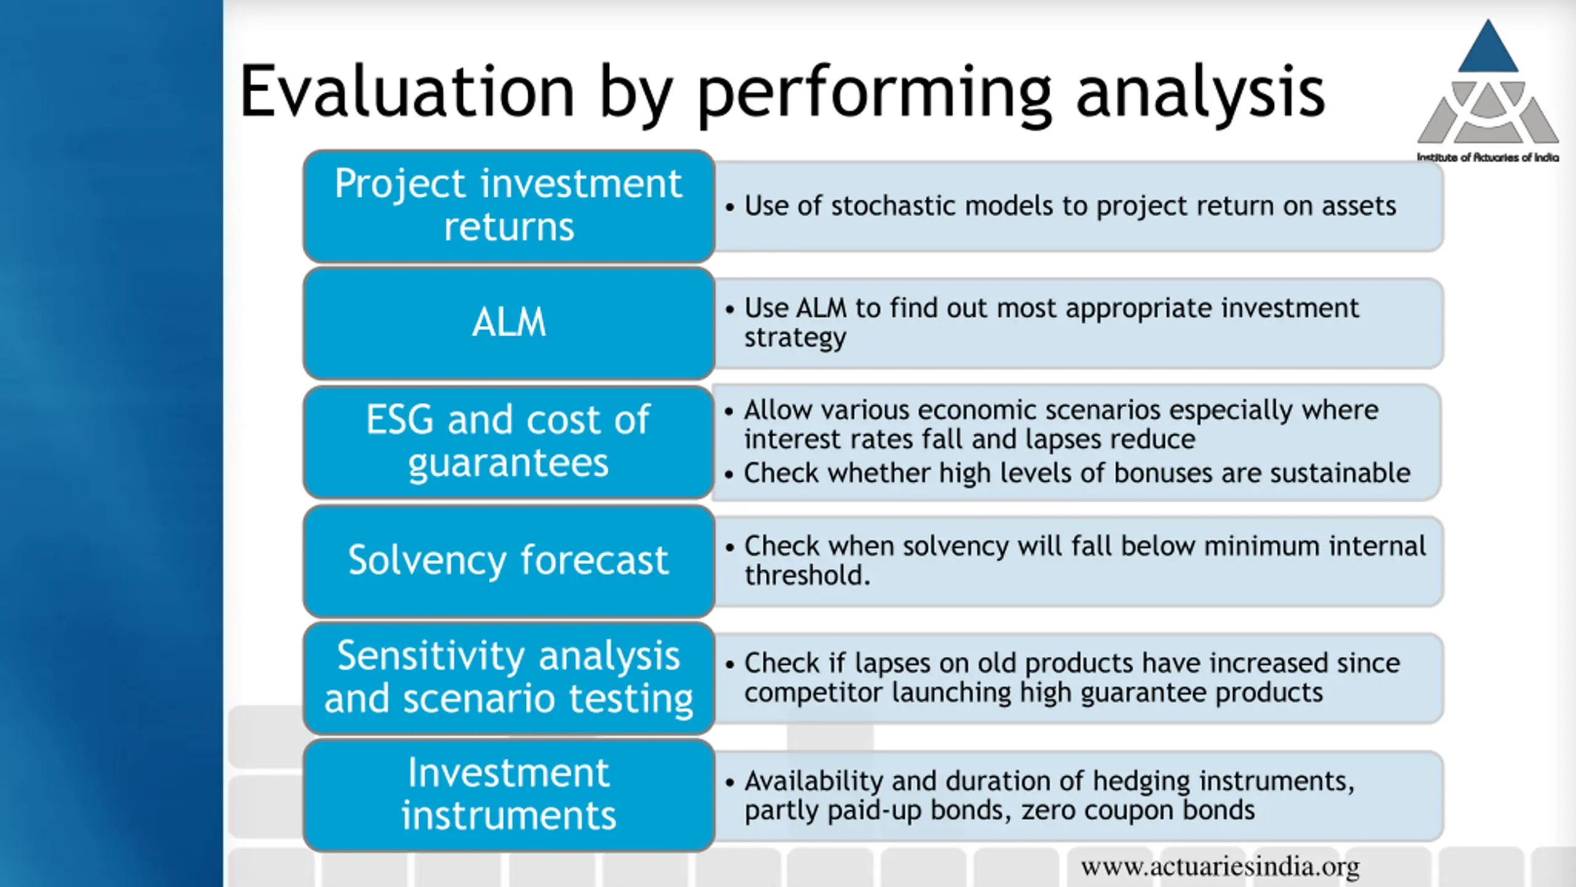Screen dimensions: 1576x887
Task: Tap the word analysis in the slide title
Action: pyautogui.click(x=1200, y=94)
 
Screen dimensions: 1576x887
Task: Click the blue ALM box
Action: pyautogui.click(x=509, y=323)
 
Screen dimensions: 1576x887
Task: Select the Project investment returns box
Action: pyautogui.click(x=509, y=206)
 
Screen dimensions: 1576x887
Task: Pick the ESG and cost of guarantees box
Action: pyautogui.click(x=509, y=441)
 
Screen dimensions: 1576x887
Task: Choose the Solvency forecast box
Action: pyautogui.click(x=509, y=561)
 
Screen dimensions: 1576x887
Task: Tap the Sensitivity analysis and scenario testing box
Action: pyautogui.click(x=509, y=678)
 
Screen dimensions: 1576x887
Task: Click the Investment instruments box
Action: pyautogui.click(x=509, y=795)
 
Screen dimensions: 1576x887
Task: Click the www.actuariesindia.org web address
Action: pyautogui.click(x=1220, y=867)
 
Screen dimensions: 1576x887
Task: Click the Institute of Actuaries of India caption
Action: pyautogui.click(x=1488, y=158)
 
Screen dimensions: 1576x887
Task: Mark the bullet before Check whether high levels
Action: pyautogui.click(x=730, y=474)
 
